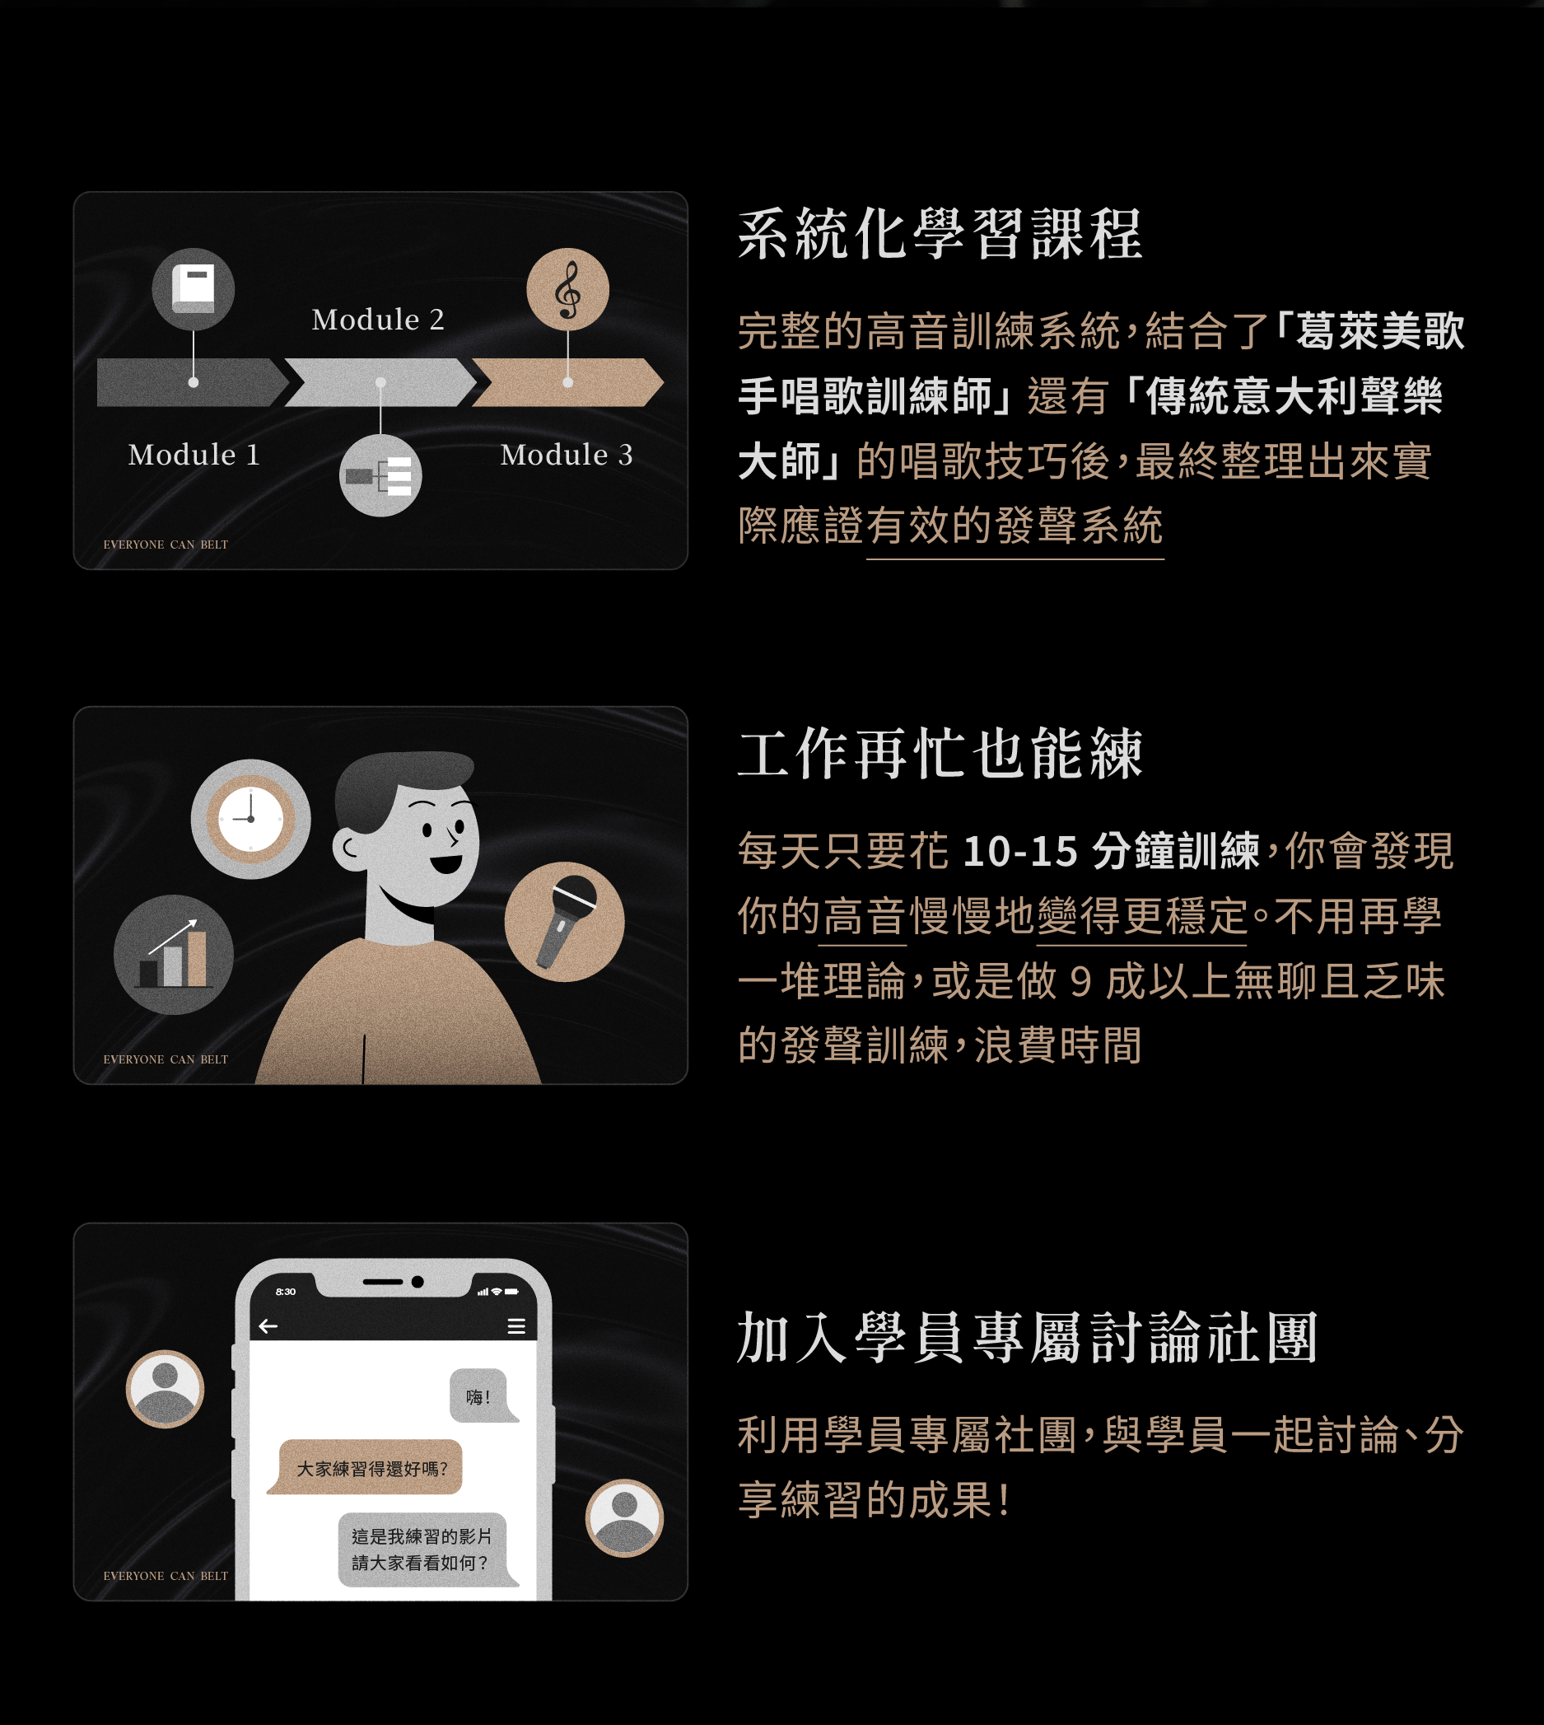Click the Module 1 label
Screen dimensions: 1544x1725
click(194, 455)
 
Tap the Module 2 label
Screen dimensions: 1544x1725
click(377, 319)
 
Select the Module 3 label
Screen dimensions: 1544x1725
click(567, 455)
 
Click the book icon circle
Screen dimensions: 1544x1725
click(194, 288)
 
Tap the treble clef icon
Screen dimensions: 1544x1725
click(567, 289)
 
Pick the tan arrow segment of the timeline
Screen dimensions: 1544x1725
click(567, 382)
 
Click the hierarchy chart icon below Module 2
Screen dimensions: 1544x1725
click(380, 476)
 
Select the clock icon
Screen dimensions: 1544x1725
click(250, 819)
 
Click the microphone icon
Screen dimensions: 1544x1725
click(564, 922)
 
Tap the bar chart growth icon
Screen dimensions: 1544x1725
click(174, 955)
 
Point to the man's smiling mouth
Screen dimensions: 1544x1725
click(446, 864)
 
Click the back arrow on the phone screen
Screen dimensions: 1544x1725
click(268, 1326)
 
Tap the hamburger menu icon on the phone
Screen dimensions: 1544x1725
click(515, 1326)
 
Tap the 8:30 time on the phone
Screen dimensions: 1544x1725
click(286, 1292)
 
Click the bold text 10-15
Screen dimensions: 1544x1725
click(1020, 851)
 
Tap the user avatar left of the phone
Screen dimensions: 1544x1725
click(165, 1389)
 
